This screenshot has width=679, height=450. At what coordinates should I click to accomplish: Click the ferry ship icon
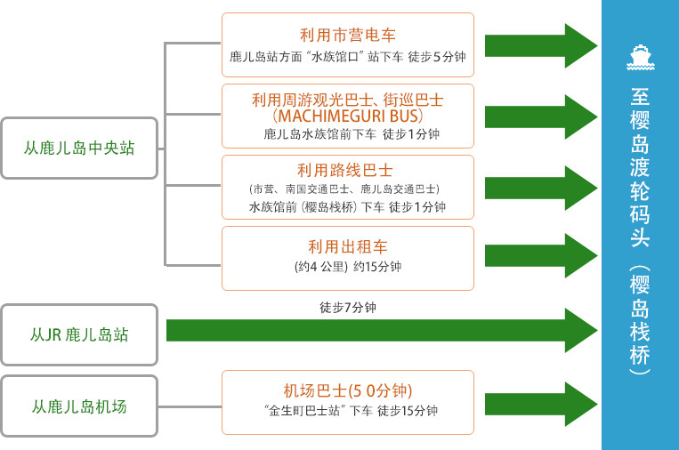[641, 58]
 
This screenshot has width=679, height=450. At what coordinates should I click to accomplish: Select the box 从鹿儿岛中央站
[79, 148]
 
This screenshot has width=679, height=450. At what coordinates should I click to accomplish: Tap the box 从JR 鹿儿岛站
[79, 335]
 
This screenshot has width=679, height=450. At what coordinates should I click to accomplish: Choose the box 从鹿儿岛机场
[79, 406]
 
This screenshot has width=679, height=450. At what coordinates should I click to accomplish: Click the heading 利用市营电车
[348, 35]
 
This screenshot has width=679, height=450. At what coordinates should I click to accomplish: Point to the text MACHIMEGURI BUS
[348, 116]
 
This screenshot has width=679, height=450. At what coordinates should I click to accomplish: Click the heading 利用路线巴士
[345, 170]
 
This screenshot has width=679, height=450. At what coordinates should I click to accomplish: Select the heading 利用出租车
[348, 246]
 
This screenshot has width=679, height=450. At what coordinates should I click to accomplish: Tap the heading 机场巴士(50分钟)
[348, 390]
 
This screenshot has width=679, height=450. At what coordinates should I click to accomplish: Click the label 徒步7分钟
[348, 308]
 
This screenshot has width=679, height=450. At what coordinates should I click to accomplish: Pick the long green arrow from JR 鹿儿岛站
[382, 331]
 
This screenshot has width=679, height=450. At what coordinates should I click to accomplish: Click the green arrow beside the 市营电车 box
[541, 46]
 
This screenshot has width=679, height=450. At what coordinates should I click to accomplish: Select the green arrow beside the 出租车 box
[541, 256]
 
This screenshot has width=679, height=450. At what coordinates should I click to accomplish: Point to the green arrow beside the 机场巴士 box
[541, 404]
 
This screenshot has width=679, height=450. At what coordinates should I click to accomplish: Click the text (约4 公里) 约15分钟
[348, 267]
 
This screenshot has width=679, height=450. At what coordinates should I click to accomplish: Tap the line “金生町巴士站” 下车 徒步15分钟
[351, 410]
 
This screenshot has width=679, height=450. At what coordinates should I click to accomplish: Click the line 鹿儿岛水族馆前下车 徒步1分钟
[352, 134]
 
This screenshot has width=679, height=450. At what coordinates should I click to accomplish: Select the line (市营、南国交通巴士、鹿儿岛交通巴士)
[344, 189]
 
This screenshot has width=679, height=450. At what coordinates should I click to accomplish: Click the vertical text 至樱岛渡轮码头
[640, 167]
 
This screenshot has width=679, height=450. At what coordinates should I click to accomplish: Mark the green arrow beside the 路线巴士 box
[541, 189]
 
